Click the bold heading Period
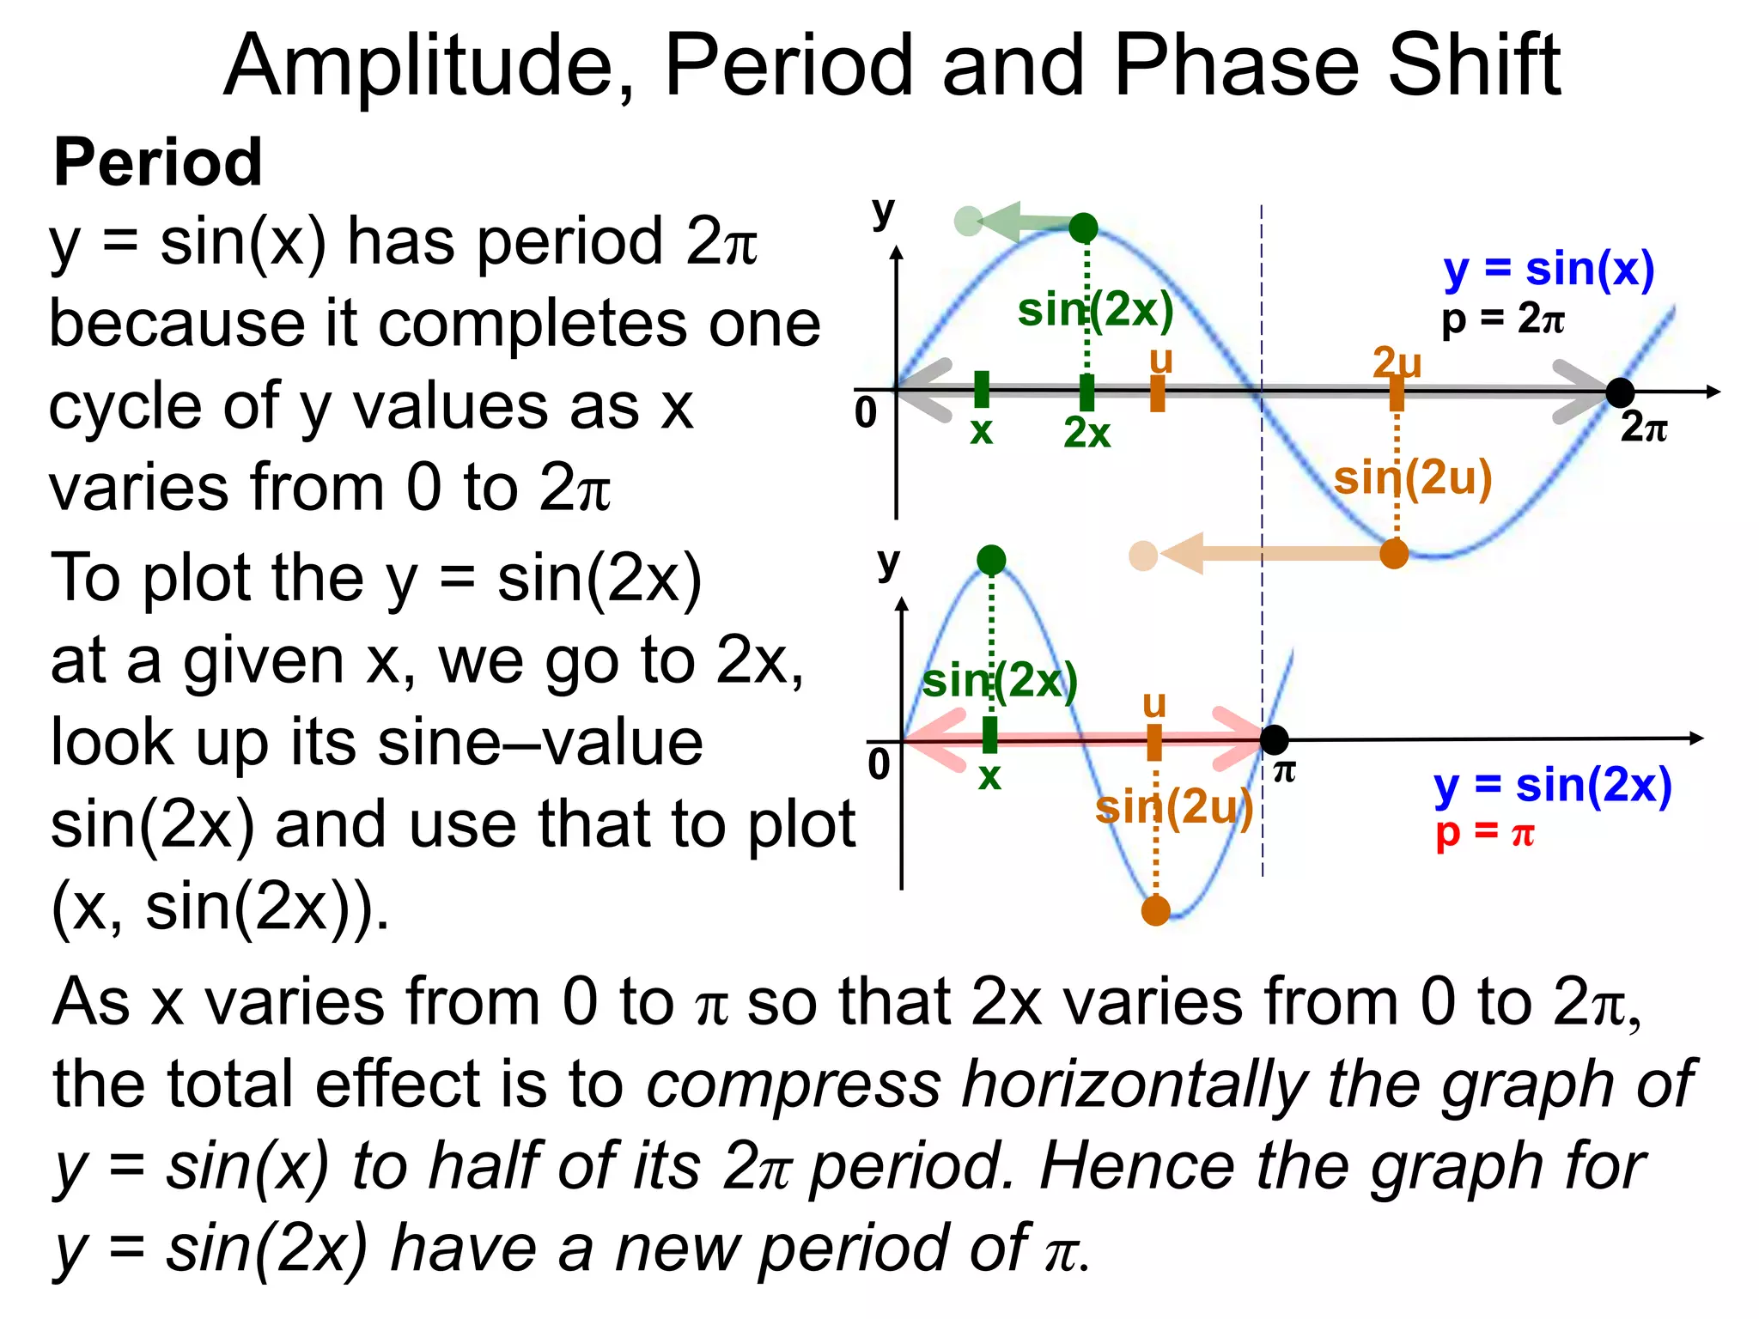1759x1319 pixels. click(158, 162)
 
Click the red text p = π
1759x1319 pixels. click(1484, 832)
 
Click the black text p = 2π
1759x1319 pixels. click(1502, 319)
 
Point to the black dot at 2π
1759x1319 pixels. click(1620, 392)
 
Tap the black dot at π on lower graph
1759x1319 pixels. click(1275, 739)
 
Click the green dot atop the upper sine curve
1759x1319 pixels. click(1084, 228)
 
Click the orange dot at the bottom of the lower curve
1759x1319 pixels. click(1156, 910)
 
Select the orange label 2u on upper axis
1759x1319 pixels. click(1397, 362)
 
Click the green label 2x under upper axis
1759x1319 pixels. click(1086, 433)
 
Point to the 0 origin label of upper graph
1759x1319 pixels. click(866, 414)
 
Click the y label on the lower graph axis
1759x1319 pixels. click(888, 563)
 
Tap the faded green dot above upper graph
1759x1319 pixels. click(968, 221)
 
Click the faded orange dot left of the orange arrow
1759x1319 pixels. click(1143, 556)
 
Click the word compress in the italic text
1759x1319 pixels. click(794, 1084)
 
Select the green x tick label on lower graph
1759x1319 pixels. click(989, 776)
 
